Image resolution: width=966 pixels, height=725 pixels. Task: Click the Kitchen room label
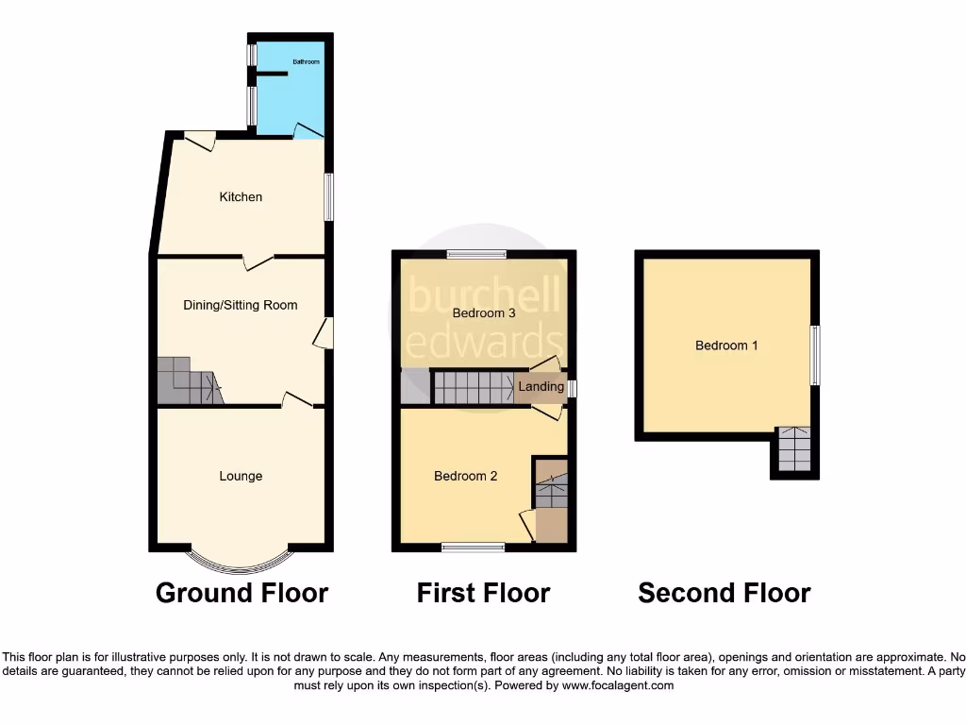241,197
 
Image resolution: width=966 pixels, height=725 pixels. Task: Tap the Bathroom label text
306,62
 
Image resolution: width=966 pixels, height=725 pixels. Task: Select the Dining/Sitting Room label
241,305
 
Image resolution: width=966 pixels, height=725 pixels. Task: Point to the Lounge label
241,476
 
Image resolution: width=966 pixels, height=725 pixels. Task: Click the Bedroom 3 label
484,312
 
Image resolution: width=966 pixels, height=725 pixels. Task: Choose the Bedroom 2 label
465,476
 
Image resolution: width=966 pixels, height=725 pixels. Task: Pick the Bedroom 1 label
726,346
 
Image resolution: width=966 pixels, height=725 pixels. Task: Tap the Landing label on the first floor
541,387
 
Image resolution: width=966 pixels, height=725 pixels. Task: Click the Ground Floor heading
241,593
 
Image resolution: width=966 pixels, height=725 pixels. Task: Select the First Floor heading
483,593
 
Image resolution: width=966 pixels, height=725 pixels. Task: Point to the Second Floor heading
724,593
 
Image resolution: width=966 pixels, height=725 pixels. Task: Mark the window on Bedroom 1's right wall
815,355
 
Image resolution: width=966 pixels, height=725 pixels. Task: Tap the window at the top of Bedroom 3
475,253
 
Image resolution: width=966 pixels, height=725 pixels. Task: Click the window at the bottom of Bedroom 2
472,547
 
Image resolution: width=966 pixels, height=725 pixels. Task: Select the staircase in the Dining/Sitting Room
189,381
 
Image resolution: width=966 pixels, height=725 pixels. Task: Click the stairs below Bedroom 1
793,449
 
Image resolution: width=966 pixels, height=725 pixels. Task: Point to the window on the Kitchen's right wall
327,196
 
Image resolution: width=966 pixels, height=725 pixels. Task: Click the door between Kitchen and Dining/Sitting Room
258,261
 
